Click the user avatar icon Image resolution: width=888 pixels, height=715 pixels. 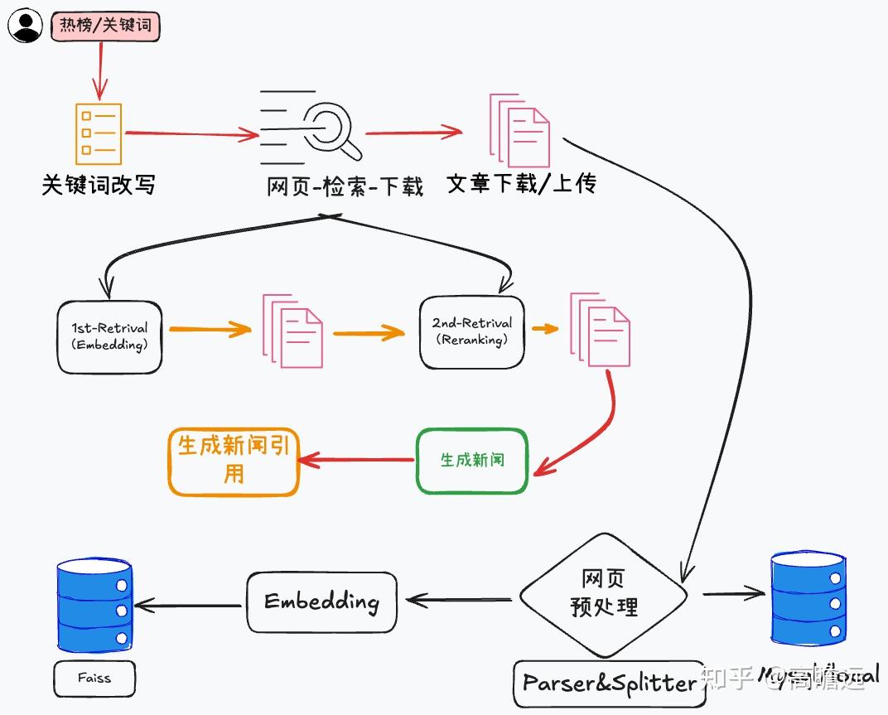click(25, 27)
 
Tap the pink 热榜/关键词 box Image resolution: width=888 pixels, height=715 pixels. click(104, 26)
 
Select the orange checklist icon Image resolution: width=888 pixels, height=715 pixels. click(98, 133)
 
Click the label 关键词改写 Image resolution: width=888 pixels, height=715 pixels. click(99, 184)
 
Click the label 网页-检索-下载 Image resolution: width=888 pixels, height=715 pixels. click(345, 186)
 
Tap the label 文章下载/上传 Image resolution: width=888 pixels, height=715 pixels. click(521, 183)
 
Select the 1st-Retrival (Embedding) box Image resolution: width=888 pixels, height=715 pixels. click(109, 336)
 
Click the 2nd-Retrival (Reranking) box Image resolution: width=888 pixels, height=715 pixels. click(471, 331)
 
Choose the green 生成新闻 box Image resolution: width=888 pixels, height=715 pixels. click(471, 460)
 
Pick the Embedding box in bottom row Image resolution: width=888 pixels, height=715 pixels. click(321, 601)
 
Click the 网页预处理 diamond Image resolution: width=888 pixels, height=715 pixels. click(604, 594)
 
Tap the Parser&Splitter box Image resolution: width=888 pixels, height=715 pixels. click(608, 683)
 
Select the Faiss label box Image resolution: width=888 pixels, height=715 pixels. click(94, 678)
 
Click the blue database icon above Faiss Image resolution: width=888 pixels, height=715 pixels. click(94, 604)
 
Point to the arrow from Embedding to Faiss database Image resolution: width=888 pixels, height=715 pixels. click(190, 606)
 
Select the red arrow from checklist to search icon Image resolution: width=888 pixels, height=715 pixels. click(191, 133)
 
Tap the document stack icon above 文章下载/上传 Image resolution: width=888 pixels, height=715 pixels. click(519, 130)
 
